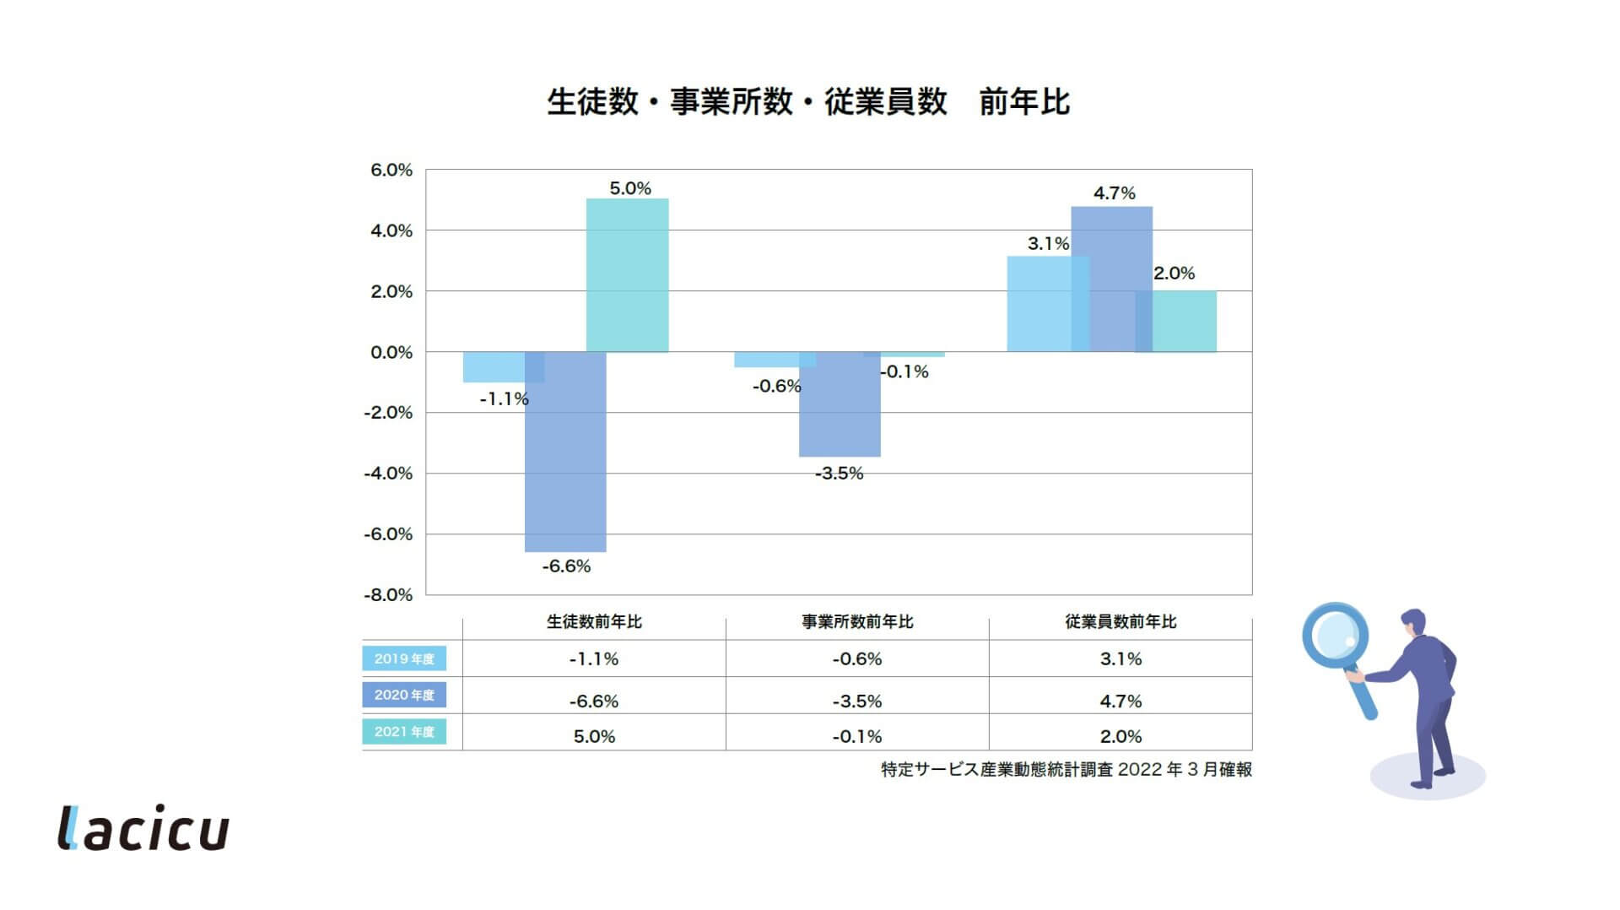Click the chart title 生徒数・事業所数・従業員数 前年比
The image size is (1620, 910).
[x=808, y=102]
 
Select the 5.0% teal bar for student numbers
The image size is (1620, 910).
[x=627, y=275]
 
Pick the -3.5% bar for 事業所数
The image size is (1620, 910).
[x=840, y=405]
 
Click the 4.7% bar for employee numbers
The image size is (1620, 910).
[x=1112, y=279]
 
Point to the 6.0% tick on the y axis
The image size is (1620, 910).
[x=391, y=171]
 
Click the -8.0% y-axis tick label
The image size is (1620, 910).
[x=388, y=595]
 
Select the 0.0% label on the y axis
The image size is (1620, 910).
[x=391, y=353]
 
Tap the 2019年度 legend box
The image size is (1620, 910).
[x=404, y=658]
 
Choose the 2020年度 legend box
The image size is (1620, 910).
[x=404, y=695]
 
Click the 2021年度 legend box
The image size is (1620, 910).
[x=404, y=732]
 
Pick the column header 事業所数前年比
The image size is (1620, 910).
[x=857, y=622]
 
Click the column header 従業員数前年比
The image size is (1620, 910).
[x=1120, y=622]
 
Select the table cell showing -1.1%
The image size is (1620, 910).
[x=594, y=659]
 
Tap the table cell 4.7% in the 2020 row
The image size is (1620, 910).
[x=1120, y=701]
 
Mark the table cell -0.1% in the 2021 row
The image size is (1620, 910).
[x=857, y=737]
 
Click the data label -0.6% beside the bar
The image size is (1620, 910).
[x=776, y=387]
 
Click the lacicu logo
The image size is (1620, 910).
[x=143, y=828]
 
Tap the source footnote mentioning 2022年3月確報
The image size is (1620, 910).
[x=1066, y=770]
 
